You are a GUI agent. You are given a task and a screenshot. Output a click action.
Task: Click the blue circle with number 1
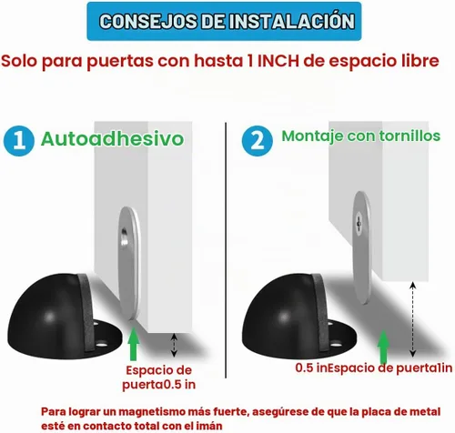[x=19, y=141]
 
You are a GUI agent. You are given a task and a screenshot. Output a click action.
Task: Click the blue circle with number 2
[x=258, y=141]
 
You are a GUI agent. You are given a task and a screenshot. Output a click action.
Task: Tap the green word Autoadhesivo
[x=113, y=139]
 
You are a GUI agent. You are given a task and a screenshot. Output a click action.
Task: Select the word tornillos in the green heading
[x=405, y=136]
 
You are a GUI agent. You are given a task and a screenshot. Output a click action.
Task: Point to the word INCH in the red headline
[x=278, y=61]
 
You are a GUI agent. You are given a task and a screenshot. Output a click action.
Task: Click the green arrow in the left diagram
[x=134, y=343]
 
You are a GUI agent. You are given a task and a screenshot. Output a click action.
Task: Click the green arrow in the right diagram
[x=383, y=347]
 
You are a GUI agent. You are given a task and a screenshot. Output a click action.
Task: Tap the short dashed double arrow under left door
[x=174, y=345]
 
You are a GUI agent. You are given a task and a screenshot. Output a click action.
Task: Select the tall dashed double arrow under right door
[x=412, y=319]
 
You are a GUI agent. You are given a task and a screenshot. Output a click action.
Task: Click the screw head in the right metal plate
[x=359, y=224]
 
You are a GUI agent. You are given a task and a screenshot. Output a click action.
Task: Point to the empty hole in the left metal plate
[x=124, y=237]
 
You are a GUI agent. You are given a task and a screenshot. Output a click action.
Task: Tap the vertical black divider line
[x=226, y=250]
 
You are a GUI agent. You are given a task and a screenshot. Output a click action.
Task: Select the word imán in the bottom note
[x=209, y=426]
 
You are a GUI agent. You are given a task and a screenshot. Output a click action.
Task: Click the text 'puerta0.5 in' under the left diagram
[x=158, y=385]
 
